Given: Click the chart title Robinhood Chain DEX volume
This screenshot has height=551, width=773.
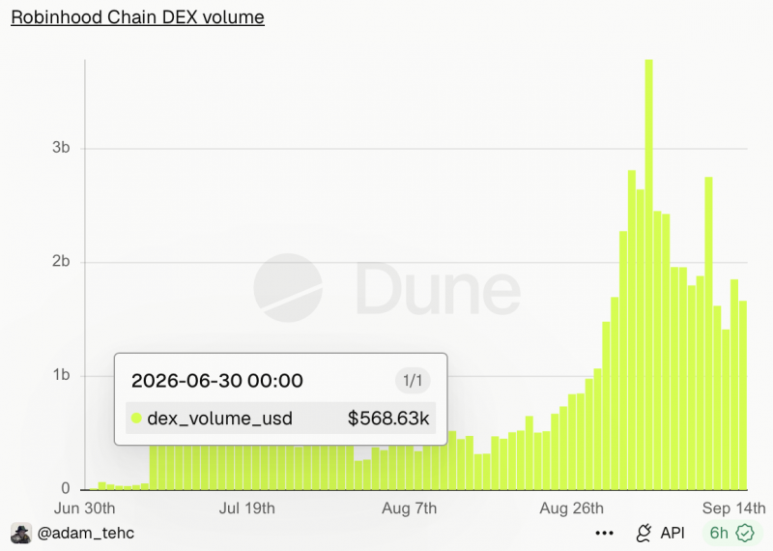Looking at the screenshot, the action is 137,17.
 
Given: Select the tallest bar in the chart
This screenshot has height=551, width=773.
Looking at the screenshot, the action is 648,275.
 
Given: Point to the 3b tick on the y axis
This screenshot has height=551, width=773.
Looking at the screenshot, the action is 61,148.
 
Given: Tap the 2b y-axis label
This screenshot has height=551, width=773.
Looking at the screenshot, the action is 61,261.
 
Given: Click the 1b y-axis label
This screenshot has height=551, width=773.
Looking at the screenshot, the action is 61,375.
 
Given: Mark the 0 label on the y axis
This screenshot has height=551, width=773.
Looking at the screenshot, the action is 66,488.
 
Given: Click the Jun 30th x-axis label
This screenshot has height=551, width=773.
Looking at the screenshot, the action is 84,508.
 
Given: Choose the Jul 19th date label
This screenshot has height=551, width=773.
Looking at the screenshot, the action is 247,508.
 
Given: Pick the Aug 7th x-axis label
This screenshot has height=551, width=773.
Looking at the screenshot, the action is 409,508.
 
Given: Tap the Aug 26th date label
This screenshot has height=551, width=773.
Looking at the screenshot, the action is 571,508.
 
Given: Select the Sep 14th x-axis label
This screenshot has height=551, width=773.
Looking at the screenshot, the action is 734,508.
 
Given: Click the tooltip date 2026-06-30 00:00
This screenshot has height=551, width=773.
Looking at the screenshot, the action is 216,381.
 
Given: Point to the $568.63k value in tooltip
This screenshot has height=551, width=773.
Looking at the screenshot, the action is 388,419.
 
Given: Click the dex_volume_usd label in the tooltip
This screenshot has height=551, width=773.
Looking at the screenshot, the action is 220,419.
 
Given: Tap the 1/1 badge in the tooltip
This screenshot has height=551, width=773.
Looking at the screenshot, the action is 413,381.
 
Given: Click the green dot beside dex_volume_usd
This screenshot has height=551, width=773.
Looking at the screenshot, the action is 136,419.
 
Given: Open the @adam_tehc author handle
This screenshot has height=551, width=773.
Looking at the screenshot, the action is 86,534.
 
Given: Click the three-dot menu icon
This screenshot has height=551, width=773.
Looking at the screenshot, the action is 605,534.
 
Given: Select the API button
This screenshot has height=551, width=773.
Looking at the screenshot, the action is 661,534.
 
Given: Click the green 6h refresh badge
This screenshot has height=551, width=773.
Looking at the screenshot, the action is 731,534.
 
